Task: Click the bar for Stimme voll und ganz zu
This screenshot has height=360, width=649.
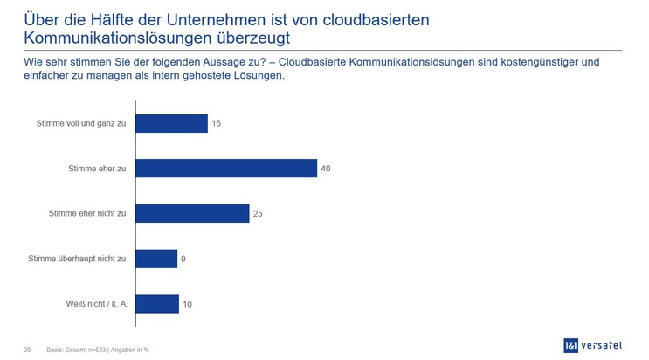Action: pyautogui.click(x=172, y=123)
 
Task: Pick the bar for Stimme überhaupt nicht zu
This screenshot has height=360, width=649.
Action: pyautogui.click(x=157, y=259)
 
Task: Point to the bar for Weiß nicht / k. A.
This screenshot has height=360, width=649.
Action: pyautogui.click(x=158, y=303)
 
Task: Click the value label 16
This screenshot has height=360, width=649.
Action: pyautogui.click(x=217, y=123)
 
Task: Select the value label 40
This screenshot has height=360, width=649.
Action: pyautogui.click(x=326, y=169)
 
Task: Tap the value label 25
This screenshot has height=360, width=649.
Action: pyautogui.click(x=259, y=213)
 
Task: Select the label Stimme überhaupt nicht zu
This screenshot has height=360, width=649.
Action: pyautogui.click(x=78, y=259)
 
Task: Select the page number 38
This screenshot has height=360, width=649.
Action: pyautogui.click(x=28, y=350)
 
